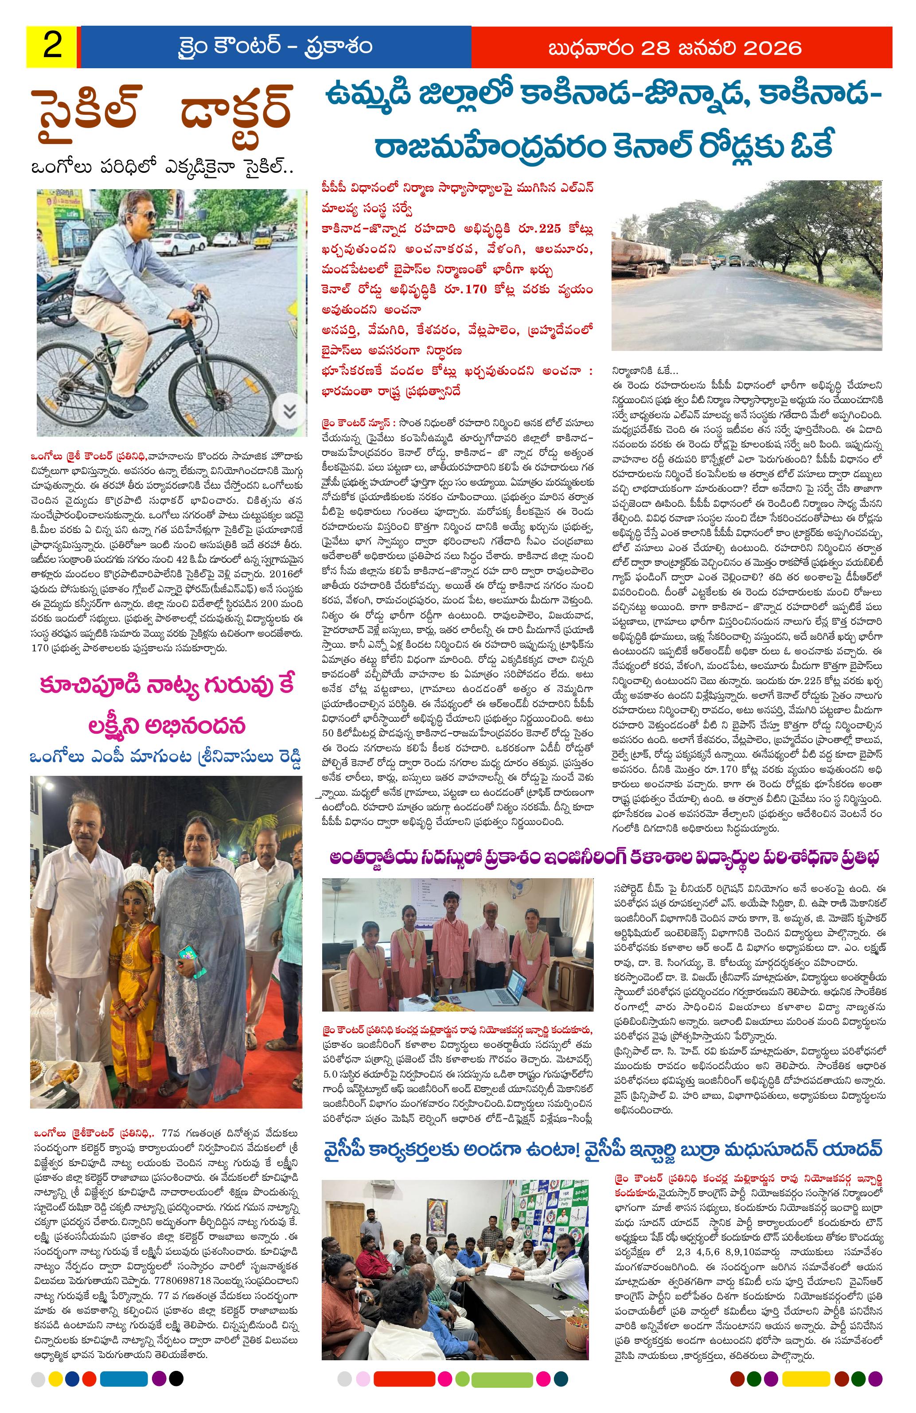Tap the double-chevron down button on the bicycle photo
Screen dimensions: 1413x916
pyautogui.click(x=289, y=410)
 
